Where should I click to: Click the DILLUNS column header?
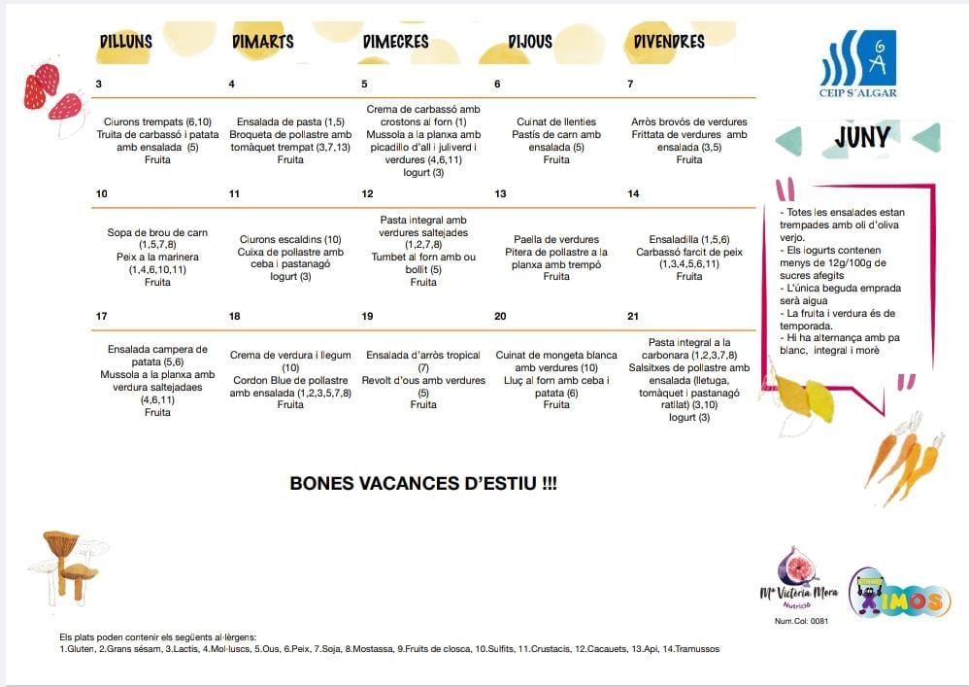126,42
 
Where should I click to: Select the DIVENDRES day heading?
669,42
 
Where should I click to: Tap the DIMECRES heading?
395,42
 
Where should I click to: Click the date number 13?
500,194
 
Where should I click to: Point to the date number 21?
633,317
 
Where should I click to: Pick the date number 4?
231,85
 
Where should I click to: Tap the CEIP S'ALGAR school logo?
858,65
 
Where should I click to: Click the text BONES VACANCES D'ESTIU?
423,483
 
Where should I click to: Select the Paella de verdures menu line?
556,239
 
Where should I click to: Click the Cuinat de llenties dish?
556,121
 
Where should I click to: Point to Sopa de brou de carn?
157,232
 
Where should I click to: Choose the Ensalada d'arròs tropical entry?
423,355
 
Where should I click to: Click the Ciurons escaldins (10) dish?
290,239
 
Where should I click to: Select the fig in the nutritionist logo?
798,567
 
